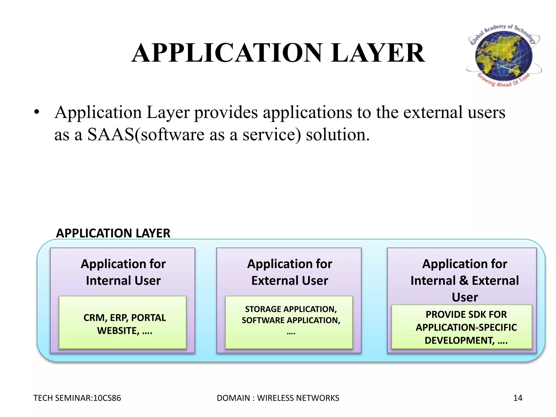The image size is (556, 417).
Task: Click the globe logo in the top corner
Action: click(x=504, y=56)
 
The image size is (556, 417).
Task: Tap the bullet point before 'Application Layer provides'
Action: click(x=37, y=112)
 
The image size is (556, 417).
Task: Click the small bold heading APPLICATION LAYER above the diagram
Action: click(x=113, y=233)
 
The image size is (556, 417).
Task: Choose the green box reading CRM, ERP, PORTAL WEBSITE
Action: click(x=123, y=322)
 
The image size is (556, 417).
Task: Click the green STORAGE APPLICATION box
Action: click(x=289, y=322)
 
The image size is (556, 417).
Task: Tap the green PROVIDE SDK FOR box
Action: click(x=462, y=327)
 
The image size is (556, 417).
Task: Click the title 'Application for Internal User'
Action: click(x=123, y=272)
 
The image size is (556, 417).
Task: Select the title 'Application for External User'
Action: click(x=289, y=272)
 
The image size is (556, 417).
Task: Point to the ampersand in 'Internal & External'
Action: click(x=464, y=281)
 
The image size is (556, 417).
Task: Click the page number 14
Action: click(x=518, y=398)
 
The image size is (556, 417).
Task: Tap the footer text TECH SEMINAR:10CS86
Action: click(x=77, y=398)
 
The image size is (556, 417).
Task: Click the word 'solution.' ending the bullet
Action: click(x=338, y=134)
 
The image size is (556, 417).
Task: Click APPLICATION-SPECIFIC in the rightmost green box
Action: click(x=466, y=327)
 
